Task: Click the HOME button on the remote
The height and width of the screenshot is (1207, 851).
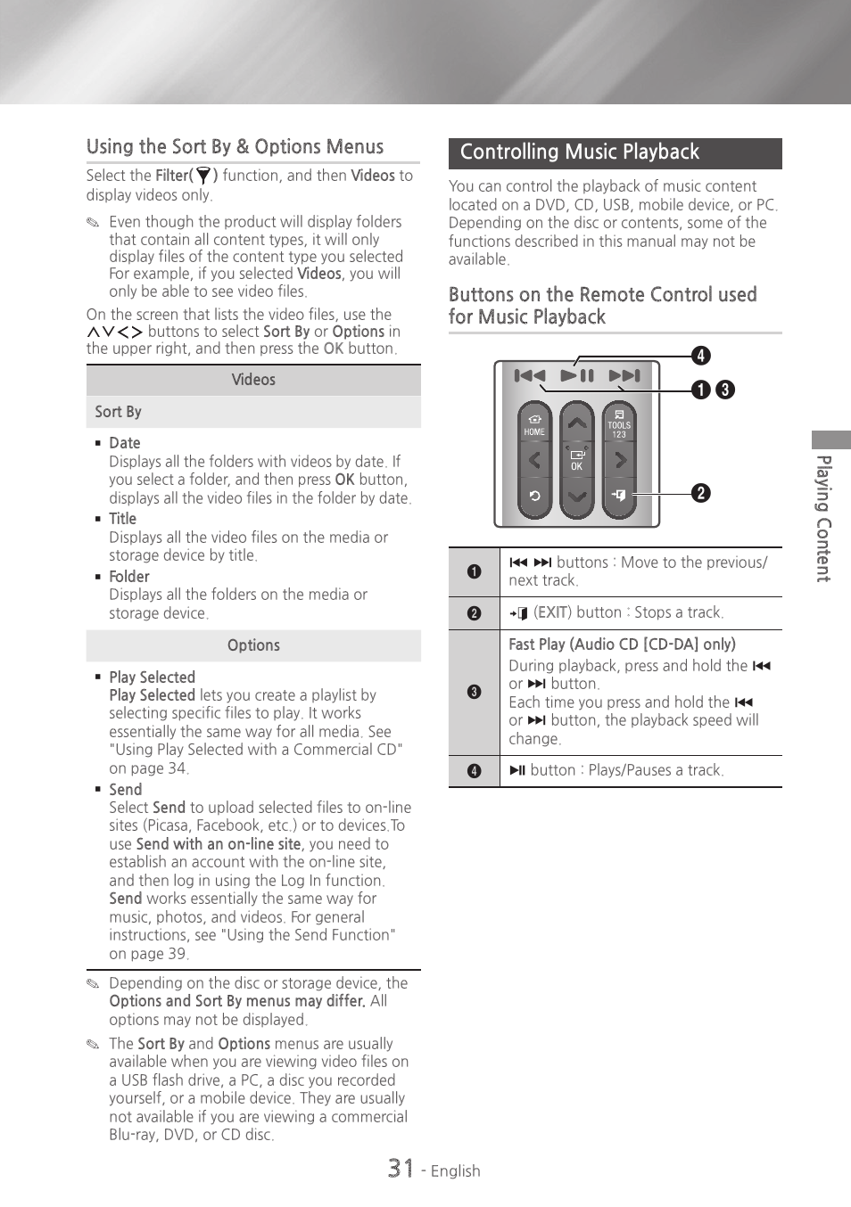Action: coord(534,424)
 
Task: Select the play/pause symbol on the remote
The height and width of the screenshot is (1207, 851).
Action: coord(577,376)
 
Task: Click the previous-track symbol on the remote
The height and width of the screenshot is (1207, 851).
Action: coord(530,376)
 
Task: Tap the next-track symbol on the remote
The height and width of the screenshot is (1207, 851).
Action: coord(624,376)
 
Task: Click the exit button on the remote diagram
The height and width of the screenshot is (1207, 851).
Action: coord(619,495)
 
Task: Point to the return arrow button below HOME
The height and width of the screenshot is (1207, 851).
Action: coord(534,496)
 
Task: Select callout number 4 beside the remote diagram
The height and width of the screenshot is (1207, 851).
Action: coord(701,356)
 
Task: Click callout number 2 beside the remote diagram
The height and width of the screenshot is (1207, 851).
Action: coord(701,493)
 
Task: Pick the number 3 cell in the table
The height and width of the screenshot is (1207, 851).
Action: coord(474,692)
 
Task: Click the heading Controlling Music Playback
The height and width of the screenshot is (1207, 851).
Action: coord(580,152)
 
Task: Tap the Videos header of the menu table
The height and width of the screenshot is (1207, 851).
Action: coord(253,380)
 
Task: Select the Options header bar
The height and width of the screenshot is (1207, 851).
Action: coord(253,645)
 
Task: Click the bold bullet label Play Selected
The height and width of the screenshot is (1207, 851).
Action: coord(152,677)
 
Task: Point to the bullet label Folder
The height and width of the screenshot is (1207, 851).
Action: coord(129,577)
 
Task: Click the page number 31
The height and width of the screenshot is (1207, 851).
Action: coord(401,1168)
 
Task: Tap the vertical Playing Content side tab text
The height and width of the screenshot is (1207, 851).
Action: coord(824,518)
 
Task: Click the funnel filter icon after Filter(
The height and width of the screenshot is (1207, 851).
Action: coord(203,176)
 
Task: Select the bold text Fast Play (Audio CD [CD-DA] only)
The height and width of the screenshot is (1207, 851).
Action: coord(622,645)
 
